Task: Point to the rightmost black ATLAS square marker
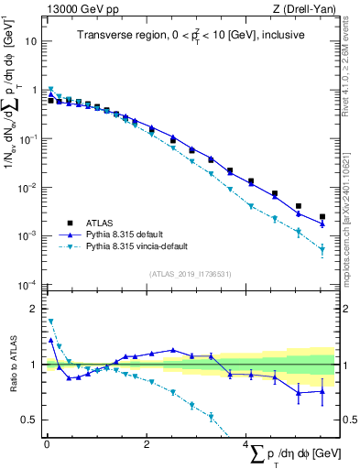[x=322, y=217]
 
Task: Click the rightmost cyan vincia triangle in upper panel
[x=322, y=249]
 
